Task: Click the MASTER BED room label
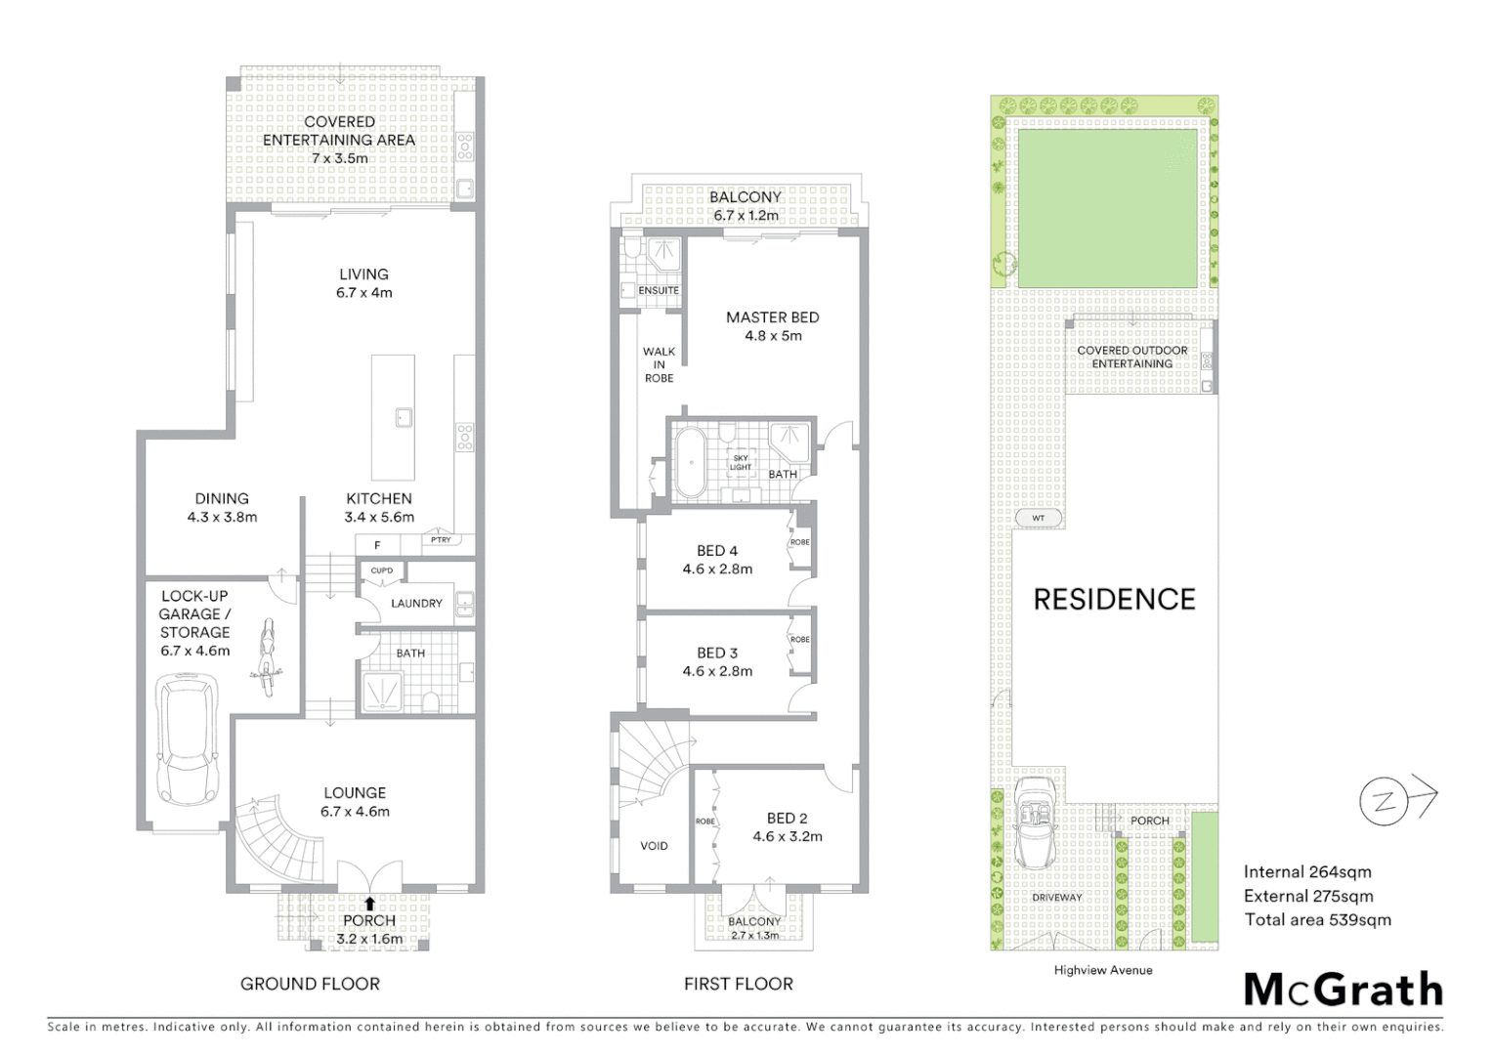(x=772, y=317)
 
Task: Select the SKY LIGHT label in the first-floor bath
(x=741, y=462)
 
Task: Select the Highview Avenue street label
(x=1102, y=970)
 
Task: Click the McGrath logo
(x=1343, y=990)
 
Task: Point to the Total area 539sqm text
(x=1317, y=919)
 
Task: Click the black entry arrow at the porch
(x=370, y=905)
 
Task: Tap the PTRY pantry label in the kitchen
(x=441, y=539)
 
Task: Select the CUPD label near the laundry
(x=382, y=570)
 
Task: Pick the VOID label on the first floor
(x=654, y=846)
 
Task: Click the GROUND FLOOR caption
(x=310, y=984)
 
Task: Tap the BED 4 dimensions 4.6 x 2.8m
(x=717, y=569)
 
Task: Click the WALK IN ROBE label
(x=659, y=364)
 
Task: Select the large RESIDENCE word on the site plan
(x=1114, y=599)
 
